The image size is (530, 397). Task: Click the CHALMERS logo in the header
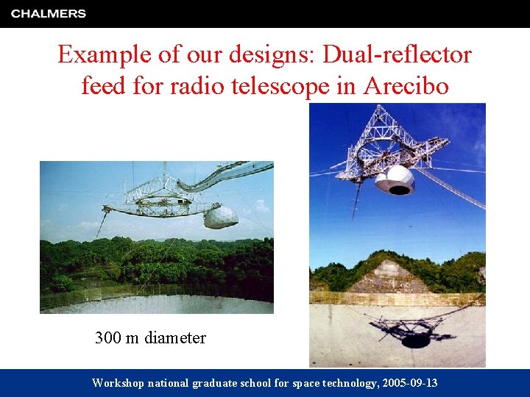[49, 13]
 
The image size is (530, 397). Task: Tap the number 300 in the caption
[107, 338]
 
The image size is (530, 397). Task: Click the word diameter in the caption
[175, 338]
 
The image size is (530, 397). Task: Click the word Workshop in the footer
[118, 383]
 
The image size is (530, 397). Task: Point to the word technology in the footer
[343, 383]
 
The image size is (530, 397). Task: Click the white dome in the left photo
[220, 218]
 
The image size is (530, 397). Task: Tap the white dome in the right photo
[395, 179]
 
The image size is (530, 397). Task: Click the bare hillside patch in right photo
[390, 278]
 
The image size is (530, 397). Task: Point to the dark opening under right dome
[400, 190]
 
